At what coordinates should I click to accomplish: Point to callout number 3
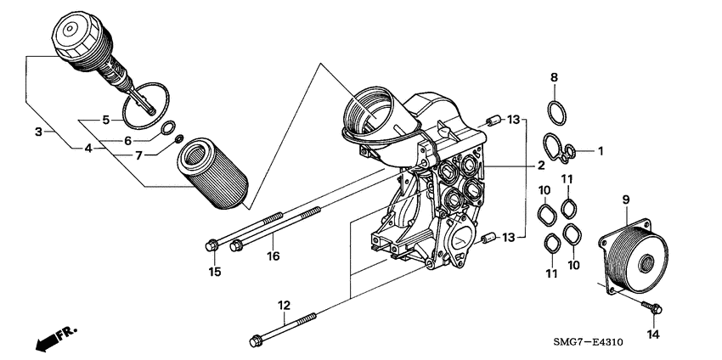pos(38,132)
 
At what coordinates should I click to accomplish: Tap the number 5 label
pos(106,120)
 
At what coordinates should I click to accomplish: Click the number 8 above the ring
pos(554,77)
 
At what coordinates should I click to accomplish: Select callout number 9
pos(626,200)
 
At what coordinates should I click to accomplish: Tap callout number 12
pos(284,304)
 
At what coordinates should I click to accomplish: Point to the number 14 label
pos(653,335)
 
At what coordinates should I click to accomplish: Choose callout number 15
pos(215,272)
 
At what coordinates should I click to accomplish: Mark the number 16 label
pos(273,255)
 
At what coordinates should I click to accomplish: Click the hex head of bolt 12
pos(256,341)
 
